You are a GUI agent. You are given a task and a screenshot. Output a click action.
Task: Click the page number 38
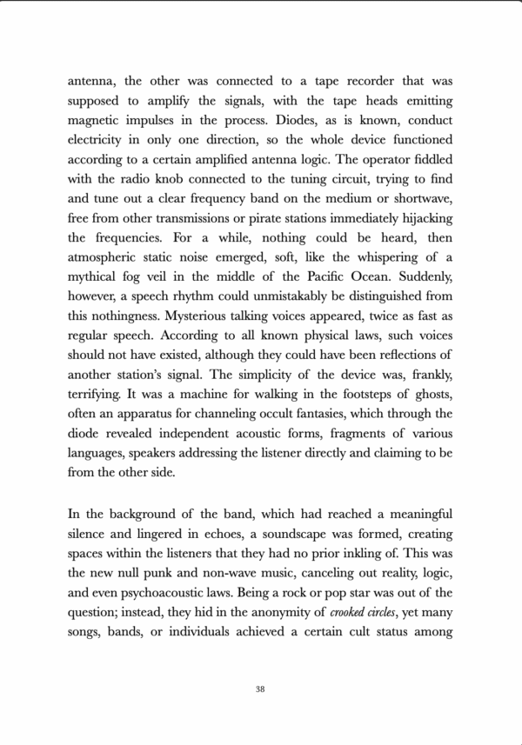pos(261,689)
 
